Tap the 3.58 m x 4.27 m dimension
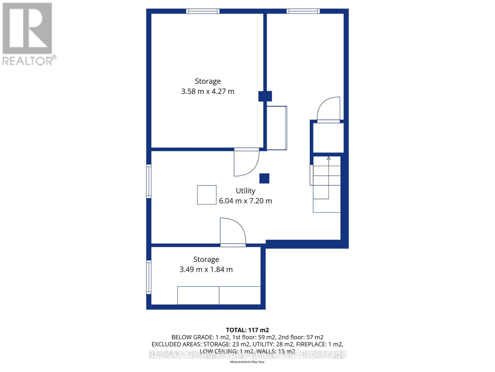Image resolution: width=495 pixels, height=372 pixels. click(208, 91)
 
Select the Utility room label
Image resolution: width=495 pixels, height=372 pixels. click(245, 191)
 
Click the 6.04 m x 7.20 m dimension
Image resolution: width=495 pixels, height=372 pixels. click(245, 201)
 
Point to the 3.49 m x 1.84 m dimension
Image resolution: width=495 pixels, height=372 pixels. click(206, 269)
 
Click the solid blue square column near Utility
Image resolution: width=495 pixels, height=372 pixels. click(264, 178)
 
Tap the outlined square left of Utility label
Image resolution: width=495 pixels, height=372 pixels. click(207, 195)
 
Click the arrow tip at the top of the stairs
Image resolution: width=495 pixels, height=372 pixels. click(329, 158)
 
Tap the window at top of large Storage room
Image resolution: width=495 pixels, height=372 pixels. click(203, 11)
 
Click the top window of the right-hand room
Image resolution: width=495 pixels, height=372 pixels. click(303, 11)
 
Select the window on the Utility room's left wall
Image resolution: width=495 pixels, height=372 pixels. click(149, 181)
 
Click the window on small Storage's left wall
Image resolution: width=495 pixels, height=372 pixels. click(149, 277)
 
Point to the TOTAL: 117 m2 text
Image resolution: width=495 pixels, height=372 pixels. click(247, 330)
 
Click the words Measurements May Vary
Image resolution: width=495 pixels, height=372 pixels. click(247, 362)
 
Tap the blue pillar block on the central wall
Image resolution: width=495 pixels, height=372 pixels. click(265, 96)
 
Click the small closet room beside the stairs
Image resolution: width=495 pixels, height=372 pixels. click(329, 138)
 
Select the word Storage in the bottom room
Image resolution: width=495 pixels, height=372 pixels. click(206, 259)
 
